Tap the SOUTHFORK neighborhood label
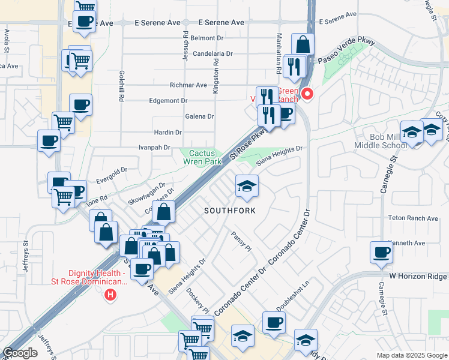[229, 211]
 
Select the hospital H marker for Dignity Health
[110, 295]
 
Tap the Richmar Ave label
[188, 85]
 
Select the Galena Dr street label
[201, 116]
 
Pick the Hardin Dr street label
[167, 132]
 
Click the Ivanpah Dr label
[155, 147]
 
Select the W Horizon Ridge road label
[418, 277]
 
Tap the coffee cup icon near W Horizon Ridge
[381, 252]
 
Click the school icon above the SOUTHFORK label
[247, 185]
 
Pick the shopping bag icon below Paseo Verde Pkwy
[303, 44]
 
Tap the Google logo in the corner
[20, 353]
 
